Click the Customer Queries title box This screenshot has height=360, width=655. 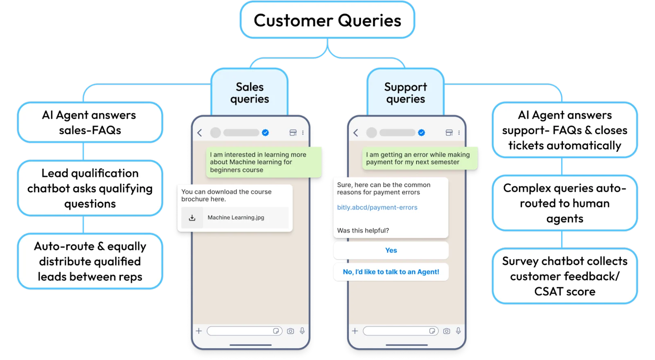(327, 20)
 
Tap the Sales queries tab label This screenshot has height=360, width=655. (249, 92)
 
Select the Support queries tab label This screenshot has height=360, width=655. (405, 92)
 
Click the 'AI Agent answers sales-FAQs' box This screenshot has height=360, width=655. (90, 122)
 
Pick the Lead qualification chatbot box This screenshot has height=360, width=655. (90, 188)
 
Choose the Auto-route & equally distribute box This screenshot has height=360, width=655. (90, 261)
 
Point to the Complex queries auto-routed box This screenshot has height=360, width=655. (565, 203)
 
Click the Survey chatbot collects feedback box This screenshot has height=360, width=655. (565, 276)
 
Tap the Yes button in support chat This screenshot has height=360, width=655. (391, 250)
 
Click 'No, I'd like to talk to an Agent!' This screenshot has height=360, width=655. (391, 272)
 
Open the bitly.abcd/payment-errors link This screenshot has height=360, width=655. (377, 207)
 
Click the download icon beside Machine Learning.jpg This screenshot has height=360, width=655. (192, 218)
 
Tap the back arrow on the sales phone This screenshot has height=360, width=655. (200, 133)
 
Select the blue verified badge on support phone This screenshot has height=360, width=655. (421, 133)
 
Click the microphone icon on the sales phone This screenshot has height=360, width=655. (303, 331)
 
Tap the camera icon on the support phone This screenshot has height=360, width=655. (447, 331)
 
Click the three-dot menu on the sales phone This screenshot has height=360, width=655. (303, 133)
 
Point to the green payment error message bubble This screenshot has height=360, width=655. (420, 158)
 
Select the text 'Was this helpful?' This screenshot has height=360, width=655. (363, 231)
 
